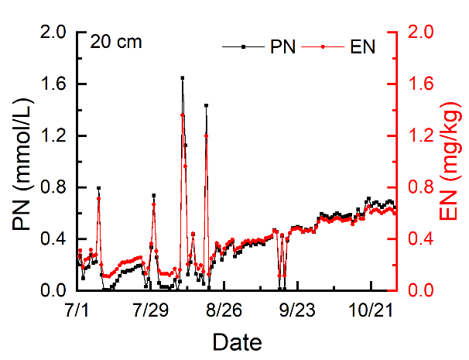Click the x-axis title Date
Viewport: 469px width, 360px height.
tap(237, 341)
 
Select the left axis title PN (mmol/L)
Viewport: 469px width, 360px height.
tap(22, 162)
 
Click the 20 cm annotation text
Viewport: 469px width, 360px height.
tap(116, 42)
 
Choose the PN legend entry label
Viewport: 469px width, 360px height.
tap(282, 47)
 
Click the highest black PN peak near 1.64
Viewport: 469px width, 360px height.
tap(182, 77)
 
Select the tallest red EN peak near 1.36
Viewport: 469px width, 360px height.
tap(183, 115)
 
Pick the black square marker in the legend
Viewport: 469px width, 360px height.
tap(243, 47)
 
